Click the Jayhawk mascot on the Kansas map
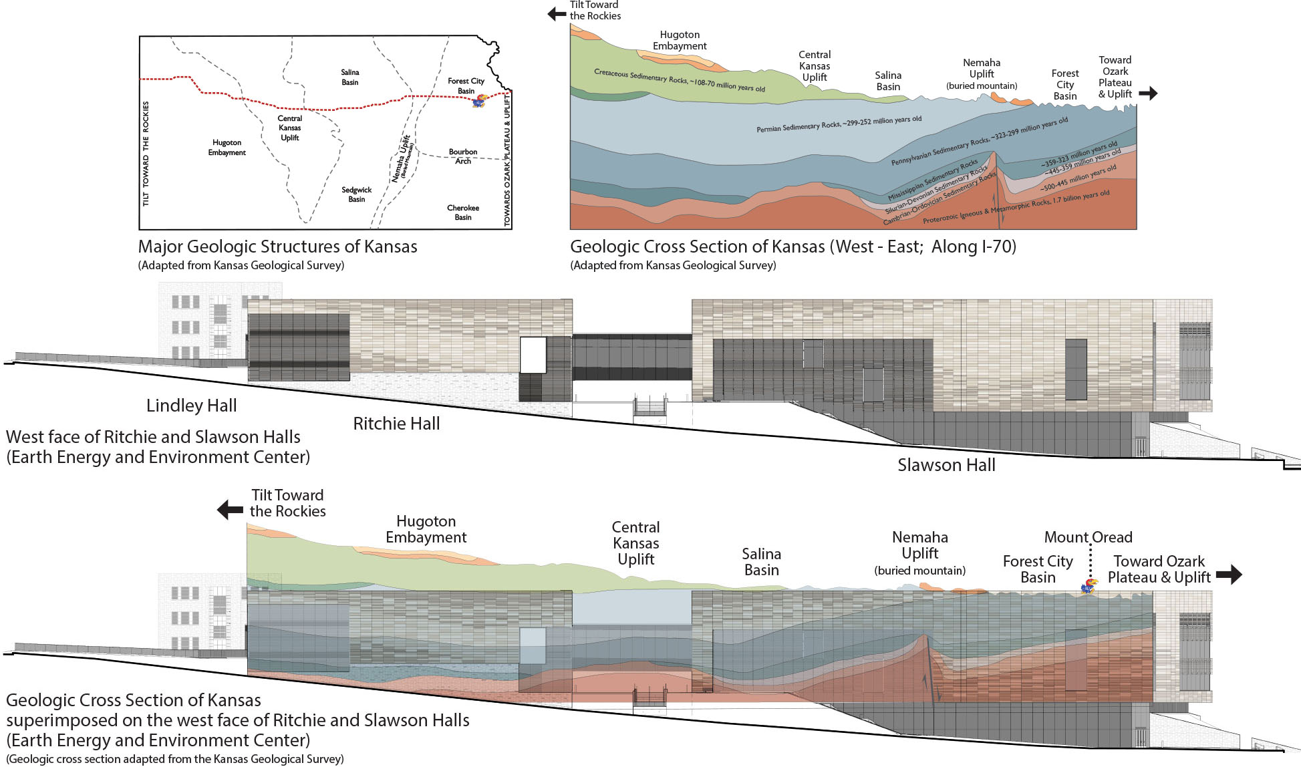pyautogui.click(x=479, y=101)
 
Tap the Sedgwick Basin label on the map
pyautogui.click(x=356, y=194)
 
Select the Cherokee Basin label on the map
pyautogui.click(x=463, y=212)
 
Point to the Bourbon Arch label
pyautogui.click(x=463, y=156)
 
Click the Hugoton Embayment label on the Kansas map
pyautogui.click(x=227, y=148)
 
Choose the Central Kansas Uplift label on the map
pyautogui.click(x=290, y=128)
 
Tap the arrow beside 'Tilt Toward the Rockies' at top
pyautogui.click(x=557, y=13)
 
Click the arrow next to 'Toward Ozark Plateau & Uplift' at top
pyautogui.click(x=1148, y=94)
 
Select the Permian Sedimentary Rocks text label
pyautogui.click(x=839, y=124)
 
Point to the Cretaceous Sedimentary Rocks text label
pyautogui.click(x=679, y=80)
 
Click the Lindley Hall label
pyautogui.click(x=191, y=406)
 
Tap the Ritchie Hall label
pyautogui.click(x=396, y=424)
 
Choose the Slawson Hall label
pyautogui.click(x=946, y=465)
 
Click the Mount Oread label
pyautogui.click(x=1088, y=537)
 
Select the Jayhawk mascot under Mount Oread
pyautogui.click(x=1089, y=587)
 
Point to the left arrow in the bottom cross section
pyautogui.click(x=231, y=510)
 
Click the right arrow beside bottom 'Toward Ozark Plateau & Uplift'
pyautogui.click(x=1229, y=574)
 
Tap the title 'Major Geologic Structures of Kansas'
pyautogui.click(x=277, y=247)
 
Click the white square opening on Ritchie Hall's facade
pyautogui.click(x=533, y=355)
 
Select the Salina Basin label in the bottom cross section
pyautogui.click(x=761, y=562)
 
